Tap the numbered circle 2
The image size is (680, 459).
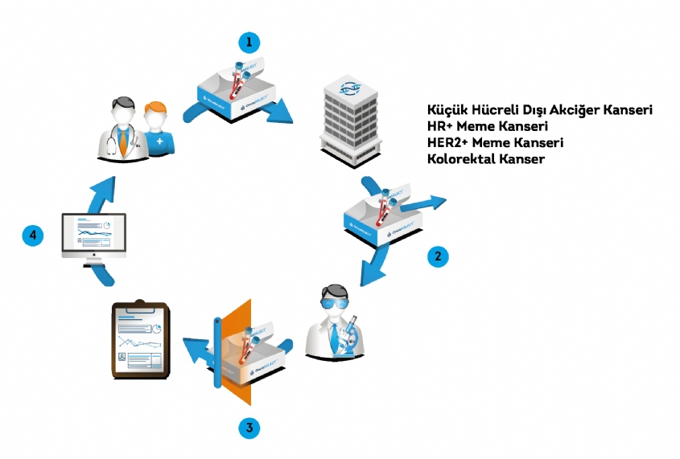tap(437, 256)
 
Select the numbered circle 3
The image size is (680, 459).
tap(250, 428)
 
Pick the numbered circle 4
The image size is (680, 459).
tap(32, 236)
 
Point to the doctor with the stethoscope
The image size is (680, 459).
tap(123, 129)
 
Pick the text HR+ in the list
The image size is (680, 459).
tap(439, 126)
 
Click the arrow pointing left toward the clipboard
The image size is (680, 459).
tap(197, 350)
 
